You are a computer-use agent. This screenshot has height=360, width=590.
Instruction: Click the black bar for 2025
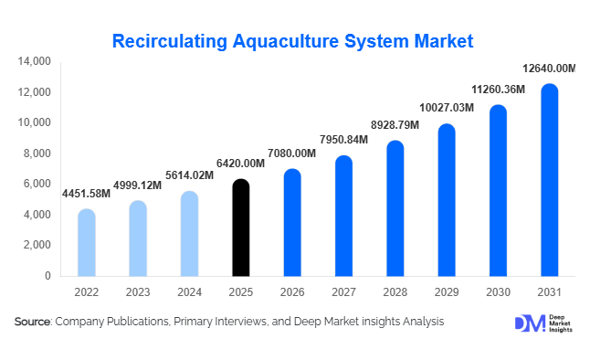[x=240, y=228]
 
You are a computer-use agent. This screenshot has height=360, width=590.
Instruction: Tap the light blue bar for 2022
[x=86, y=242]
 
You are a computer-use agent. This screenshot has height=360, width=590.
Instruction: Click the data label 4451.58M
[x=86, y=193]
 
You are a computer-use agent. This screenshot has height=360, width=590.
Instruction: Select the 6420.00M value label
[x=240, y=163]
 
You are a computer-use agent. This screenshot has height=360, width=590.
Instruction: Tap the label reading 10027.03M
[x=446, y=108]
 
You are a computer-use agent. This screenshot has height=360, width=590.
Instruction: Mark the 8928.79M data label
[x=395, y=124]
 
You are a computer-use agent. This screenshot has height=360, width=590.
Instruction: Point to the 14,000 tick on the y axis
[x=35, y=62]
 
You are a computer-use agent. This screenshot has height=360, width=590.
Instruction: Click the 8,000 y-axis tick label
[x=37, y=154]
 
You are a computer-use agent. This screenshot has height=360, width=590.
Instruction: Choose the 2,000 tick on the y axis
[x=37, y=245]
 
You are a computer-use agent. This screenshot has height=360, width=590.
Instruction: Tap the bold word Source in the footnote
[x=32, y=322]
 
